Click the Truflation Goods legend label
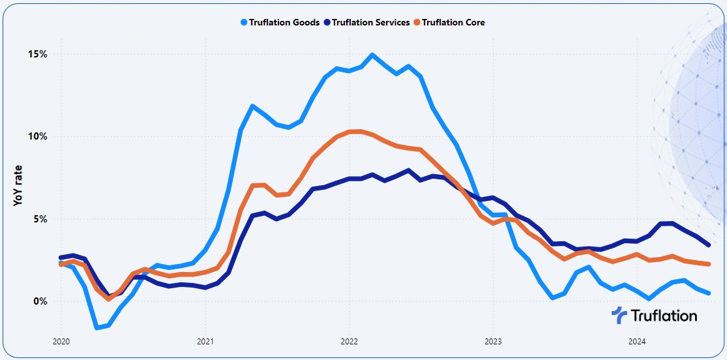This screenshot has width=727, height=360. tap(284, 22)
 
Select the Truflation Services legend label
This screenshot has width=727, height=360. tap(371, 22)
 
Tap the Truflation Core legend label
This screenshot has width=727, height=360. tap(453, 22)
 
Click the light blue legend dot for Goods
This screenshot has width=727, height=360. tap(244, 22)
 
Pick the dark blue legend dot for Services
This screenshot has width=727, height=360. tap(327, 22)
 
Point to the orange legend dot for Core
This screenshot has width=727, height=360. tap(417, 22)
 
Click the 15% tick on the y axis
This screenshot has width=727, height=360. tap(37, 54)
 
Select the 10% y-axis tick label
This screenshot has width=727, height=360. tap(37, 136)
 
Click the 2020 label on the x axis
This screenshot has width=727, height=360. tap(61, 341)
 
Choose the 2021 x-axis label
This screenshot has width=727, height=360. tap(205, 341)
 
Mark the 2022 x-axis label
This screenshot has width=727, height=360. tap(349, 341)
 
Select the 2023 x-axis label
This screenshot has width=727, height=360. tap(493, 341)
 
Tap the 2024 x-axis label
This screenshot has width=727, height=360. tap(637, 341)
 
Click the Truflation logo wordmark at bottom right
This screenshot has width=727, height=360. tap(664, 316)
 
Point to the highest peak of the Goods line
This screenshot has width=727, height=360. tap(372, 55)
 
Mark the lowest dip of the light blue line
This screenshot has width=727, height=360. tap(97, 327)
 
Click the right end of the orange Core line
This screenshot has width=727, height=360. tap(708, 263)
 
